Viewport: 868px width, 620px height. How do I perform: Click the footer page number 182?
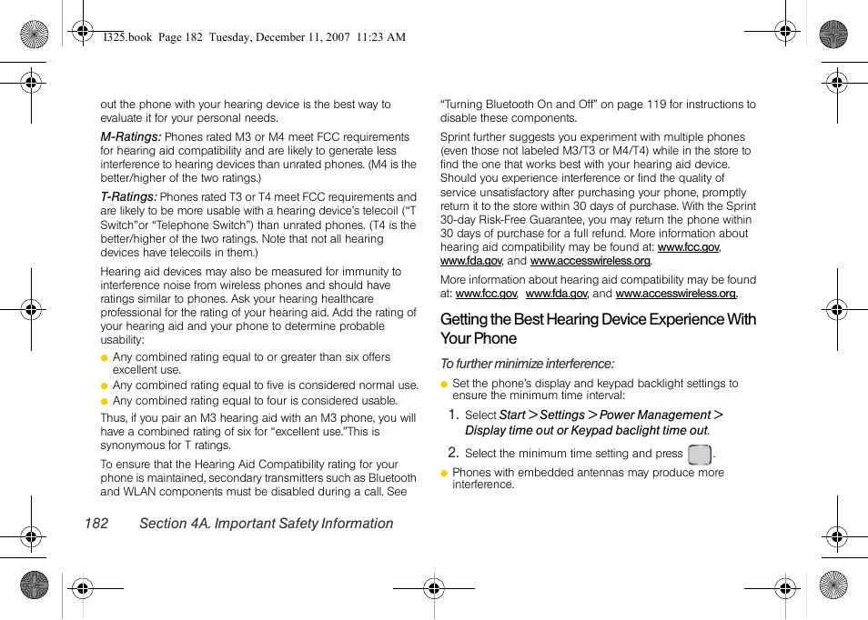coord(96,524)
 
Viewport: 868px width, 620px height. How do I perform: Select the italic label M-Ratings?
coord(130,137)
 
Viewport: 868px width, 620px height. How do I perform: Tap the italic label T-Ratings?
coord(128,196)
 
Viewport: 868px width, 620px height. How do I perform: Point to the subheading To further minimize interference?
coord(527,364)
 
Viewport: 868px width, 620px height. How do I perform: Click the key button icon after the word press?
coord(699,455)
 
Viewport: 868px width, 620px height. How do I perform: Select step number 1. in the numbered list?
coord(452,415)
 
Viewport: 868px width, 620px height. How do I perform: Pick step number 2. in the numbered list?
coord(452,453)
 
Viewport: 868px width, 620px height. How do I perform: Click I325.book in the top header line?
coord(128,37)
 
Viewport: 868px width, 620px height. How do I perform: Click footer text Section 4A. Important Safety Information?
coord(266,524)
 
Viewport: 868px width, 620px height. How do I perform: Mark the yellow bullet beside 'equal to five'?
coord(105,386)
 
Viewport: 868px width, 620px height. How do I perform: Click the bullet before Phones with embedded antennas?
coord(445,474)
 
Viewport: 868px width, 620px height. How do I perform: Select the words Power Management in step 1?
coord(655,415)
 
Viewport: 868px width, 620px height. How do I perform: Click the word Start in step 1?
coord(512,415)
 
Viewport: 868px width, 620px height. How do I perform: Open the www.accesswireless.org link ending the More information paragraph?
coord(676,294)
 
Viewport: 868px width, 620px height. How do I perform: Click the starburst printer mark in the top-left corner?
coord(34,35)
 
